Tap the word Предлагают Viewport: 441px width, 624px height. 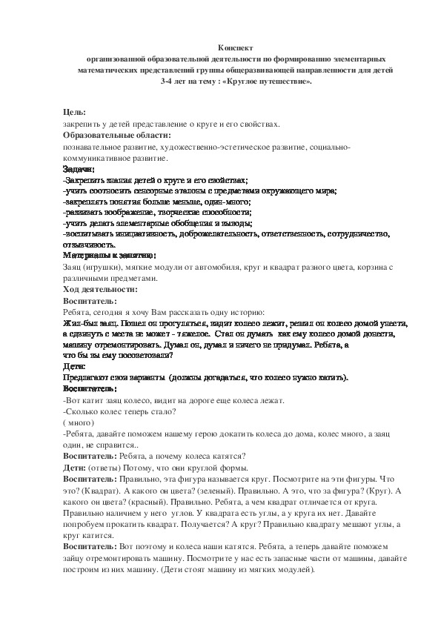87,377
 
